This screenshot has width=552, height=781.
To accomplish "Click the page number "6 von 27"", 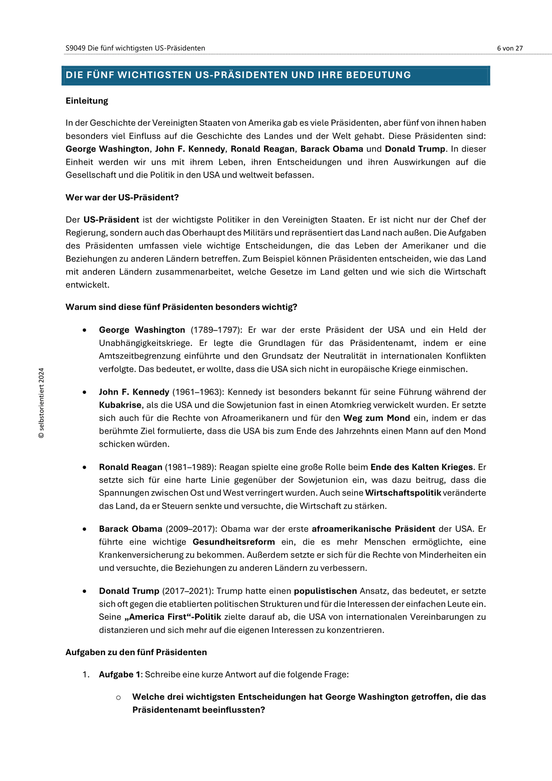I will click(510, 48).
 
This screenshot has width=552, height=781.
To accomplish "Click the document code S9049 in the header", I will click(75, 48).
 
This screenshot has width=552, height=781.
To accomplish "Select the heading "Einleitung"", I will click(87, 101).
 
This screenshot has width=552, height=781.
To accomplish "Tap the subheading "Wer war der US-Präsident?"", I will click(122, 198).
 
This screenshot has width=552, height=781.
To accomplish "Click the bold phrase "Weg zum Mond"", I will click(377, 418).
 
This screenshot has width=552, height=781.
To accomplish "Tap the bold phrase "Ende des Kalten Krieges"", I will click(422, 467).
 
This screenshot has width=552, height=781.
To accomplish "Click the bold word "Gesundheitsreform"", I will click(234, 542).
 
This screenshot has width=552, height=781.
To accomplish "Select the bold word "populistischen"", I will click(325, 591).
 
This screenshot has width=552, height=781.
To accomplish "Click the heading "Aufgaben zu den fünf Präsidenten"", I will click(136, 652).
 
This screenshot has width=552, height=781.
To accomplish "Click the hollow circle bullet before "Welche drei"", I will click(118, 697).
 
